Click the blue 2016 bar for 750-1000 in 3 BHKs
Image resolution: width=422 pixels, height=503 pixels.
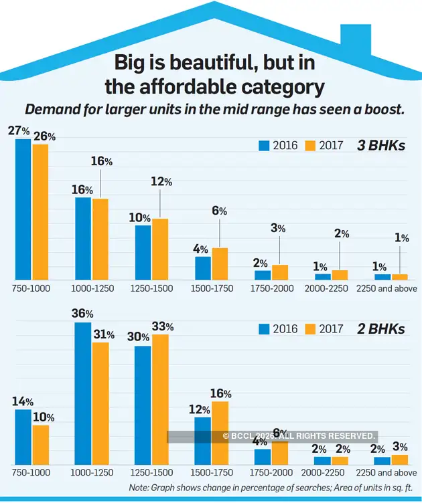[23, 209]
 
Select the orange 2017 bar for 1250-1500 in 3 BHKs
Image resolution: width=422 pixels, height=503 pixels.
[159, 249]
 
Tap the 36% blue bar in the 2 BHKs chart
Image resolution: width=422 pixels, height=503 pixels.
[82, 393]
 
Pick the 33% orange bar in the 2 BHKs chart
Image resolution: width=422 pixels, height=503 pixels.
[159, 399]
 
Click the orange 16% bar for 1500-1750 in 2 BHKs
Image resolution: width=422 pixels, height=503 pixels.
[220, 433]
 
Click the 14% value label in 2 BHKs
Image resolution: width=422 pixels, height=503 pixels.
[23, 401]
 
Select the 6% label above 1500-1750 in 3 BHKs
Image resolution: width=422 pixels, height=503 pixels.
[220, 211]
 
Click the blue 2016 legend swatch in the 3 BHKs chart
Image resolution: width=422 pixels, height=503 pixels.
[263, 145]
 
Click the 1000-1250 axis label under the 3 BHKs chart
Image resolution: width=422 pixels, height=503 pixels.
[92, 288]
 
